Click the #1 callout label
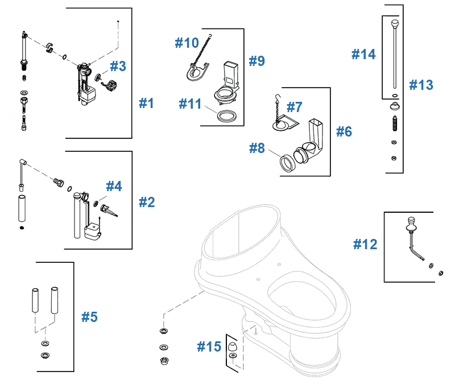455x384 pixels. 147,104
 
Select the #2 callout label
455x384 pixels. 147,201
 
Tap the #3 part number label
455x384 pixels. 118,67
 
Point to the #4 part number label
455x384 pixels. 114,186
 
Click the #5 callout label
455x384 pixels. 89,317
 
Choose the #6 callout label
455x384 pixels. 344,132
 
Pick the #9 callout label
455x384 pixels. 257,61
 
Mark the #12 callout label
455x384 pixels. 365,244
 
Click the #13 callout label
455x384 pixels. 421,85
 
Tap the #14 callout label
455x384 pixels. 363,55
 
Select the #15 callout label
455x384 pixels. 209,346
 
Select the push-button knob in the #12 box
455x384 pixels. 410,223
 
